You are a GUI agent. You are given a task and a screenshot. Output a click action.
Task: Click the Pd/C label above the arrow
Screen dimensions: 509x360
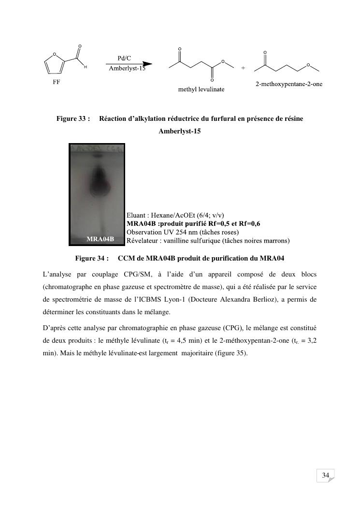(x=124, y=58)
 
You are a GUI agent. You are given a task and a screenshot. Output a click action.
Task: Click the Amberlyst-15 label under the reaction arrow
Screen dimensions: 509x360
(x=127, y=68)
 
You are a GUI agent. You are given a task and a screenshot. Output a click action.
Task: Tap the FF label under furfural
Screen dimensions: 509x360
(x=57, y=82)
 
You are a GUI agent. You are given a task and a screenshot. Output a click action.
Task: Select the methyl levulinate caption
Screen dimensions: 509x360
(x=202, y=90)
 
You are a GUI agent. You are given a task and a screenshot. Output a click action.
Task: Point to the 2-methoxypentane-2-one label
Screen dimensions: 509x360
(x=289, y=85)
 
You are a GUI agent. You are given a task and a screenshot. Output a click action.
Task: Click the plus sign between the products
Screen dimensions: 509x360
(x=243, y=68)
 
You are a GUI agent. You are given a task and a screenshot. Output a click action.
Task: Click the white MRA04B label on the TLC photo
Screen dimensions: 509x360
(x=100, y=239)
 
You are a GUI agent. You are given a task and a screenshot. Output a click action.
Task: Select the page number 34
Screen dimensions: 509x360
(x=325, y=476)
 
